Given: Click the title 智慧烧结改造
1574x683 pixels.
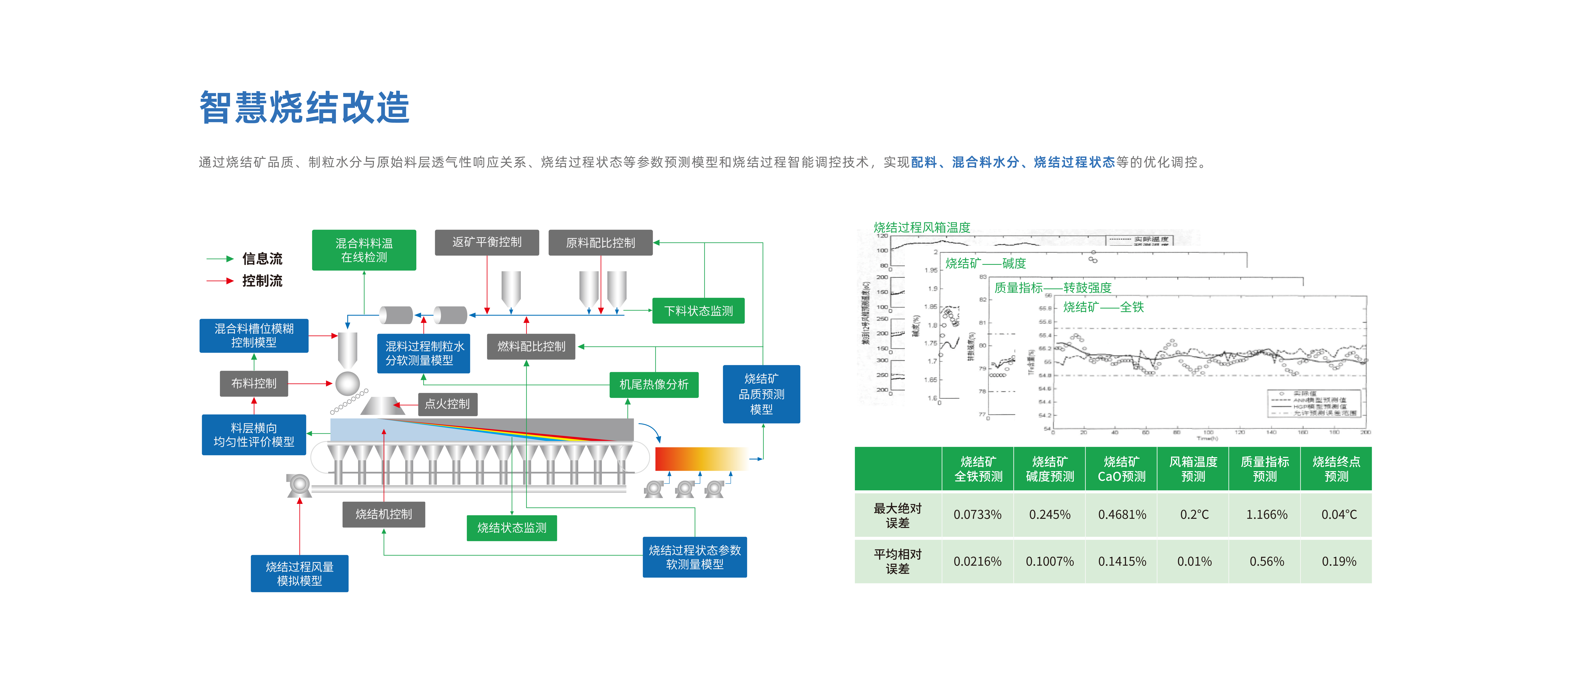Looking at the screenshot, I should [x=304, y=108].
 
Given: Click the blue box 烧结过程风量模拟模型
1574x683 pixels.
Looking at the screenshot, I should [x=299, y=574].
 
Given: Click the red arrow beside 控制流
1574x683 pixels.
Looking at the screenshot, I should [x=220, y=281].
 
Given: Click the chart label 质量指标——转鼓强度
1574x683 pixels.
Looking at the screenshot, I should [x=1052, y=287].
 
